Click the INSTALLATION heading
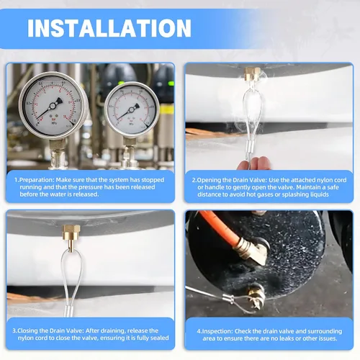coord(109,28)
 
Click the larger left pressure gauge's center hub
coord(53,105)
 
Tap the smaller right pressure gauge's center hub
coord(131,110)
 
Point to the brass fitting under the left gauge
coord(57,146)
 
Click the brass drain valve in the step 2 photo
coord(252,74)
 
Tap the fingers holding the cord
coord(254,163)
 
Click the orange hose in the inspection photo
coord(220,228)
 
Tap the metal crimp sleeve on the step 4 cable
coord(228,299)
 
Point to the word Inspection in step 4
coord(217,331)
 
